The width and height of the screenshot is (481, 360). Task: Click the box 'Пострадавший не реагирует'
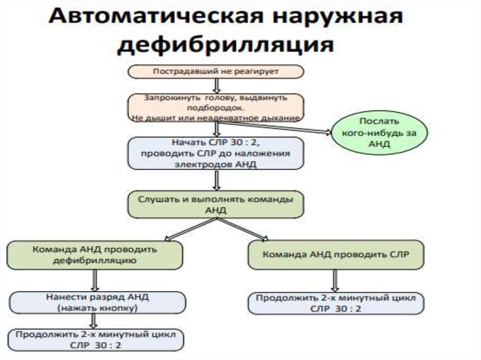(216, 72)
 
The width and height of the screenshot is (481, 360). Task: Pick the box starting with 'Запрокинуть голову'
(216, 107)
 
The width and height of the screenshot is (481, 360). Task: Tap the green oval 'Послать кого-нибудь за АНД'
(380, 133)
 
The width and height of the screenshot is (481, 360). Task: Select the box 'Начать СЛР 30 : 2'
(216, 153)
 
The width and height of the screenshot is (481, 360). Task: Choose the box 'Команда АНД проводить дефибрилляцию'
(94, 254)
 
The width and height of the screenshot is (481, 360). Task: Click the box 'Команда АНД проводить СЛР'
(336, 255)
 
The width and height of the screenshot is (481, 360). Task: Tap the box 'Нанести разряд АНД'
(95, 303)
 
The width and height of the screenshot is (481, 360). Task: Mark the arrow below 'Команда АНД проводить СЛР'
(334, 281)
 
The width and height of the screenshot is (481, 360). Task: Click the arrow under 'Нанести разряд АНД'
(94, 322)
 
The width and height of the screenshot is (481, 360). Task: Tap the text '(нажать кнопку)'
(95, 308)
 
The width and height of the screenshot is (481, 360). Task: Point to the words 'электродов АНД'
(216, 163)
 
